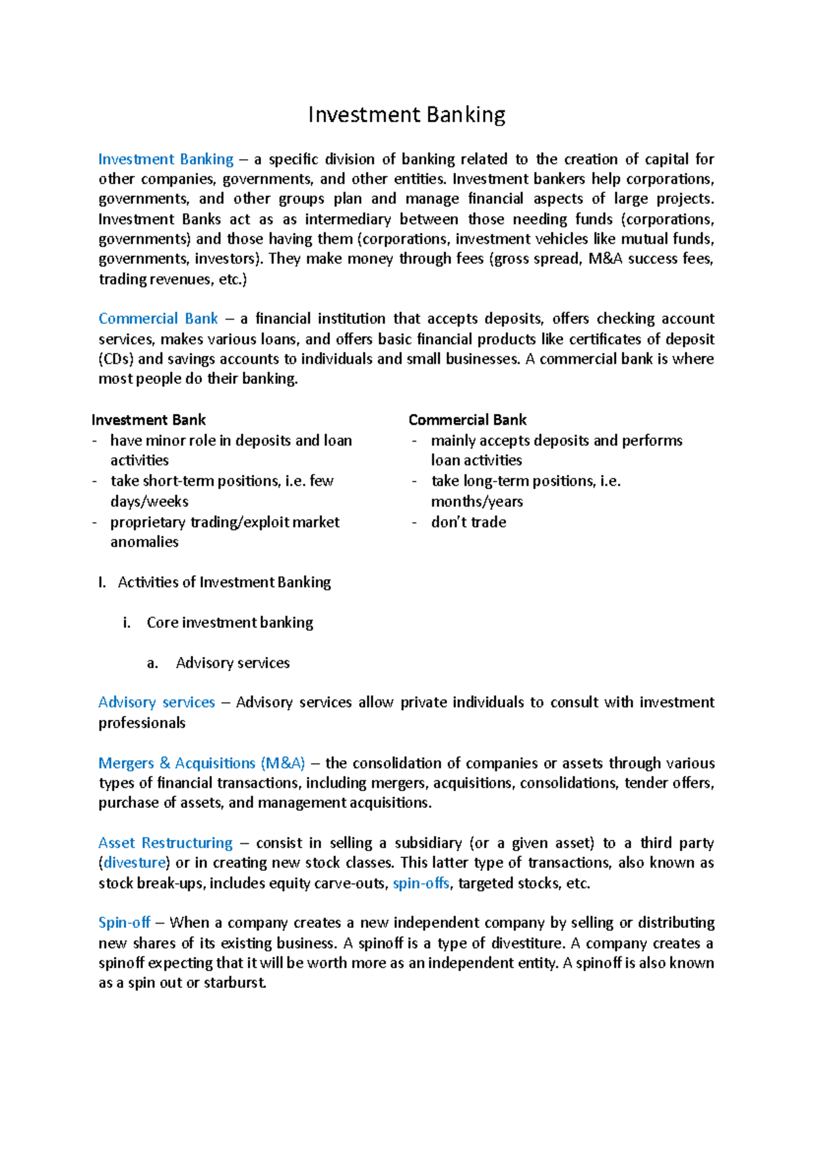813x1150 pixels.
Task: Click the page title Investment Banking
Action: pyautogui.click(x=406, y=115)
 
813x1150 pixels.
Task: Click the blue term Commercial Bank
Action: pyautogui.click(x=158, y=318)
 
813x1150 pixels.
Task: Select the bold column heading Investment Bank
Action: pyautogui.click(x=148, y=420)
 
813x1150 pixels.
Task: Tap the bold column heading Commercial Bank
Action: pyautogui.click(x=467, y=420)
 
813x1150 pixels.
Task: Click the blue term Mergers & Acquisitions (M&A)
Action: pyautogui.click(x=202, y=763)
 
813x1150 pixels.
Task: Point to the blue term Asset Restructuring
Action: pyautogui.click(x=165, y=843)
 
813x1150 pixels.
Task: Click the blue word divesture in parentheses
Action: pyautogui.click(x=135, y=863)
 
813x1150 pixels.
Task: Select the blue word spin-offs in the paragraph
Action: pyautogui.click(x=421, y=883)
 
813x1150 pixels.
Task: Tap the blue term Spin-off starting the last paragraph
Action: pyautogui.click(x=124, y=922)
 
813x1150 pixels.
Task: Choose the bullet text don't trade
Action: pyautogui.click(x=469, y=522)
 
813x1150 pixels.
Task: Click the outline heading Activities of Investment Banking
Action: pyautogui.click(x=224, y=582)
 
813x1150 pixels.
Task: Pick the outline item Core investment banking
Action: pyautogui.click(x=230, y=622)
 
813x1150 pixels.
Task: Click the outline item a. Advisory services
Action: pyautogui.click(x=232, y=663)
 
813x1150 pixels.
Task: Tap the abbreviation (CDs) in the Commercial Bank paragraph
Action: pyautogui.click(x=116, y=359)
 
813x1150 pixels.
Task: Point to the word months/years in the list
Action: pyautogui.click(x=477, y=502)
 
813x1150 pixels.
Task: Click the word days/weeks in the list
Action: pyautogui.click(x=149, y=502)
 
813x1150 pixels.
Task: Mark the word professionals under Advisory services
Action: pyautogui.click(x=142, y=723)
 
